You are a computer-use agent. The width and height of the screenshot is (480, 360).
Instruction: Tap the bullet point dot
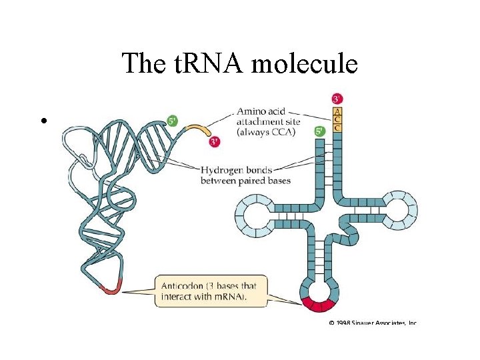[x=43, y=121]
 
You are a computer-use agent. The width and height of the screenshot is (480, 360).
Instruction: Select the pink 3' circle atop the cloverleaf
[x=337, y=99]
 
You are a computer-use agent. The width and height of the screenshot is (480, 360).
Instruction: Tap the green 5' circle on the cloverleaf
[x=320, y=131]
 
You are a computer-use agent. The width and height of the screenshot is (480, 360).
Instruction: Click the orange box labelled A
[x=337, y=111]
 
